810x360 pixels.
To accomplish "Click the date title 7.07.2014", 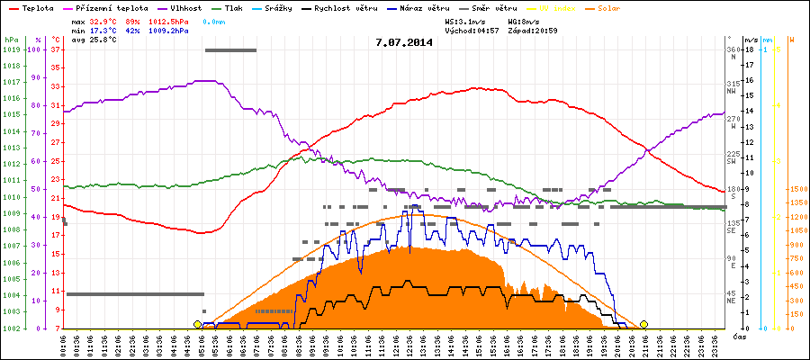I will coord(404,41).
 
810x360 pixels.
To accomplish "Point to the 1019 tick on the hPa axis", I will coord(11,50).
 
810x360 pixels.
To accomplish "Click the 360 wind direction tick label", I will coord(733,49).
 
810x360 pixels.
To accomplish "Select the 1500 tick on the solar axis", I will coord(798,190).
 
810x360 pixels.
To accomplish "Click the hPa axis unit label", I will coord(11,40).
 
